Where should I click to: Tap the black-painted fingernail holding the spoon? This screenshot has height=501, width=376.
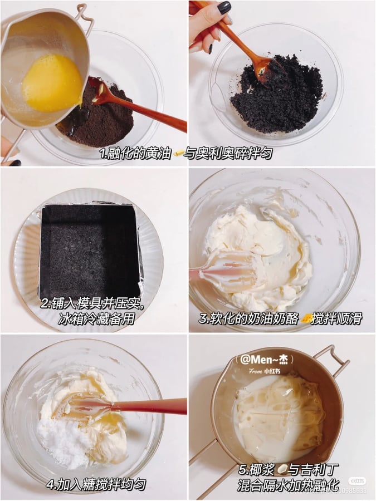(x=224, y=8)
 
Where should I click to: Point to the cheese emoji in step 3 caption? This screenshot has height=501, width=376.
(x=307, y=318)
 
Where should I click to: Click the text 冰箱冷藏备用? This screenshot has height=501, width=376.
(x=96, y=319)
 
